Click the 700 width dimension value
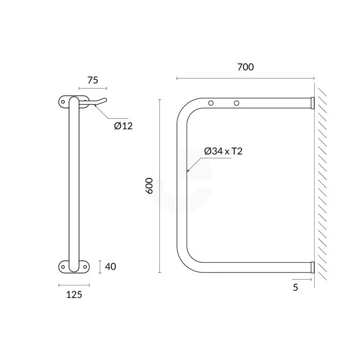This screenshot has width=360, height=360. click(x=245, y=67)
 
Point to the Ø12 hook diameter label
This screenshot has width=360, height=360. click(x=123, y=125)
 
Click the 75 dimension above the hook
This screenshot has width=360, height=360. click(x=93, y=80)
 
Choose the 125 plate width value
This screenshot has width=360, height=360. click(x=74, y=294)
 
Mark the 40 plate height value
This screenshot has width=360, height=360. click(x=111, y=266)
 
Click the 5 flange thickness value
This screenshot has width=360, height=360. click(x=295, y=287)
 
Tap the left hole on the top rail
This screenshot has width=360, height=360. click(x=211, y=103)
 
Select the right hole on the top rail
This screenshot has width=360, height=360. click(x=237, y=103)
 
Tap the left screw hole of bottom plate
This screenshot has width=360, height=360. click(x=63, y=266)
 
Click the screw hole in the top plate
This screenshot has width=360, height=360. click(x=63, y=102)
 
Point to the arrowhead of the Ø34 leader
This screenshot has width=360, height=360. click(x=188, y=171)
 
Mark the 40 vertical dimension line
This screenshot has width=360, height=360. click(x=100, y=266)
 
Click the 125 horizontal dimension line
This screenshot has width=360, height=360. click(x=74, y=284)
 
